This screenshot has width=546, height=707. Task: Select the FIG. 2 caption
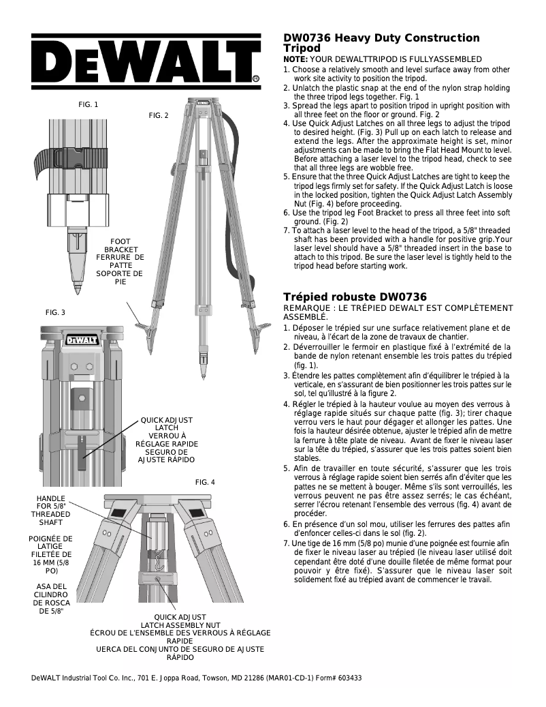click(x=158, y=116)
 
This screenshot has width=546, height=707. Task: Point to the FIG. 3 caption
click(x=55, y=312)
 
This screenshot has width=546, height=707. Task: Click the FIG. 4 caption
click(x=205, y=482)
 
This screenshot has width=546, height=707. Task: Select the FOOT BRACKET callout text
click(x=121, y=246)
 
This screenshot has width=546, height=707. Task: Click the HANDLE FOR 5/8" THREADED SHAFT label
click(x=51, y=511)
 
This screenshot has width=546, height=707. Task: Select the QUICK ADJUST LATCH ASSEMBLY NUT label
click(x=180, y=620)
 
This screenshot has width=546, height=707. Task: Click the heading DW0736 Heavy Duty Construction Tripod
click(x=381, y=43)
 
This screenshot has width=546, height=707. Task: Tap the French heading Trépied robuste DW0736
click(x=355, y=297)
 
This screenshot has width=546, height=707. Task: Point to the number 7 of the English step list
click(x=286, y=231)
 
